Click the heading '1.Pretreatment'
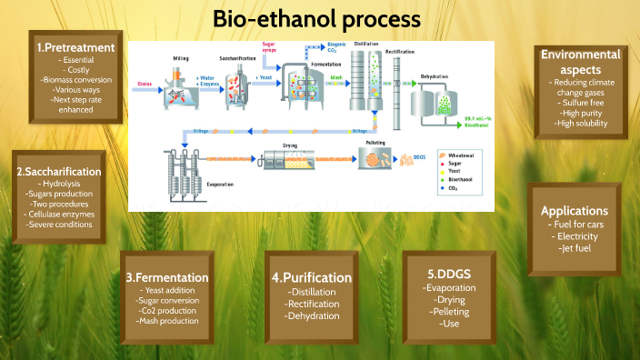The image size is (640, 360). pyautogui.click(x=75, y=46)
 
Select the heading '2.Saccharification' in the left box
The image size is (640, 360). pyautogui.click(x=59, y=170)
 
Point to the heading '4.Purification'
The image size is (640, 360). pyautogui.click(x=312, y=277)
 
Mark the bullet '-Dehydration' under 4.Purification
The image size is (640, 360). pyautogui.click(x=312, y=316)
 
